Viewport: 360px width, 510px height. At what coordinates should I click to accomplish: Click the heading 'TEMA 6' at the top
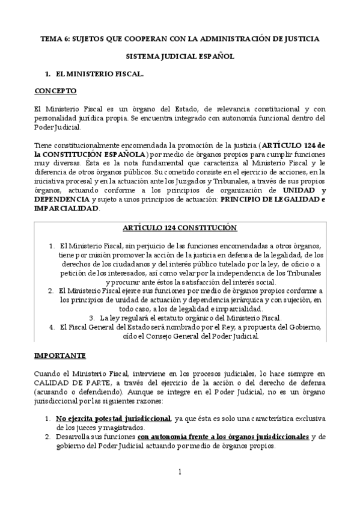click(x=54, y=38)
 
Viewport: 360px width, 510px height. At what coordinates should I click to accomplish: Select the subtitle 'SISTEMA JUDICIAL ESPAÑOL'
click(x=180, y=57)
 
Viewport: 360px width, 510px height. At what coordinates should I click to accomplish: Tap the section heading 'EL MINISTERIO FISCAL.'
click(x=99, y=74)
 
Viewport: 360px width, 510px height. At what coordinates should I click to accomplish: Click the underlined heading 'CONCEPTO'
click(x=55, y=91)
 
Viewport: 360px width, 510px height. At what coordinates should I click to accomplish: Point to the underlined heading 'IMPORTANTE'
click(x=59, y=355)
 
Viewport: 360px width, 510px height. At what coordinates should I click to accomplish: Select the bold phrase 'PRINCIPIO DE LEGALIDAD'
click(x=268, y=200)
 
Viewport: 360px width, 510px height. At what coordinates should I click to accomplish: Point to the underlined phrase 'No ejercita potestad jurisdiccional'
click(x=113, y=417)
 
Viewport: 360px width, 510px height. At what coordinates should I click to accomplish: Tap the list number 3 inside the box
click(x=91, y=318)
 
